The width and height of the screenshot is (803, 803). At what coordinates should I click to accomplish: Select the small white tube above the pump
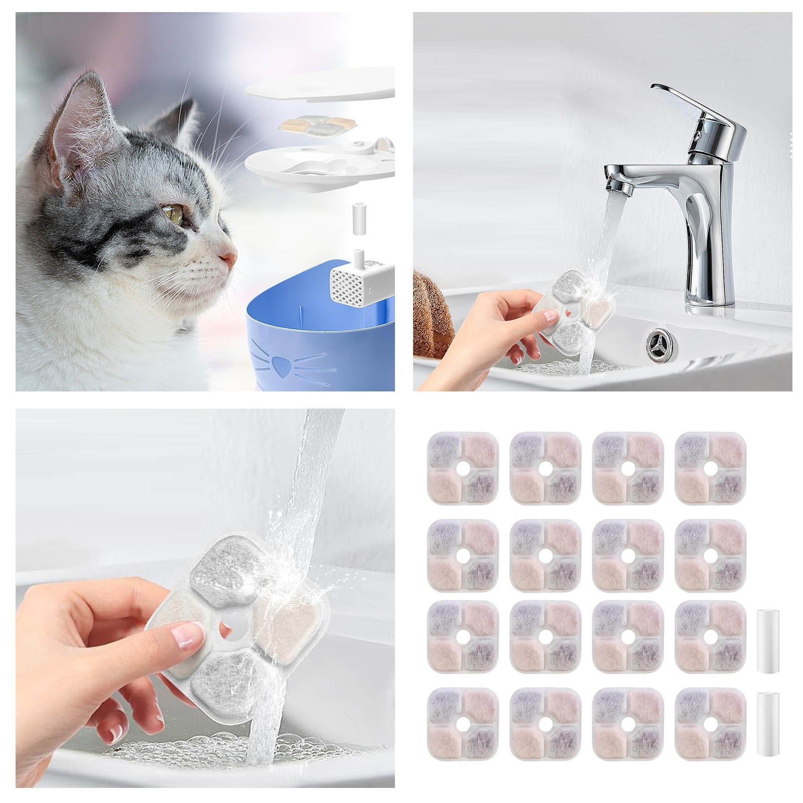click(x=358, y=218)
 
